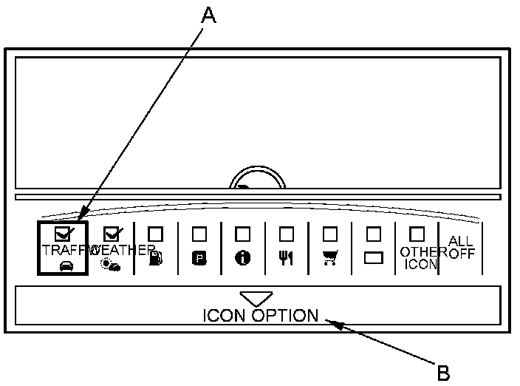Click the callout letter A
pyautogui.click(x=209, y=16)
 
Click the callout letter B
pyautogui.click(x=443, y=372)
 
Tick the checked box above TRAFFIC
pyautogui.click(x=63, y=234)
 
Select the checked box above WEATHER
pyautogui.click(x=112, y=234)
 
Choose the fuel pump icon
pyautogui.click(x=155, y=258)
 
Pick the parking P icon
pyautogui.click(x=199, y=258)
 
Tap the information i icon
pyautogui.click(x=243, y=258)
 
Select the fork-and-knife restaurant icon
pyautogui.click(x=286, y=258)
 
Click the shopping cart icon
pyautogui.click(x=330, y=258)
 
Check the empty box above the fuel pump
pyautogui.click(x=155, y=234)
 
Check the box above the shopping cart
pyautogui.click(x=330, y=234)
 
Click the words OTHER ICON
pyautogui.click(x=418, y=257)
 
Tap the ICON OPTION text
pyautogui.click(x=260, y=316)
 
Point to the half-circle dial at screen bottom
pyautogui.click(x=257, y=179)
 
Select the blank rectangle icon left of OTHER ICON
pyautogui.click(x=374, y=259)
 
